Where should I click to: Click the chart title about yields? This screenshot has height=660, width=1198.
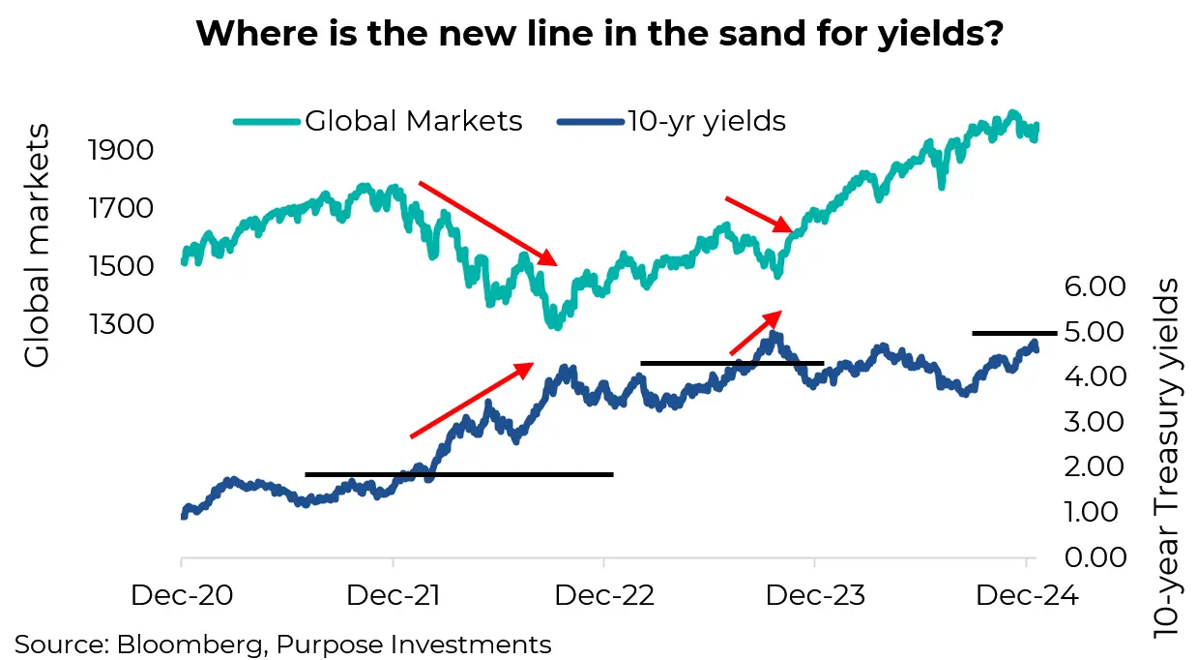point(599,36)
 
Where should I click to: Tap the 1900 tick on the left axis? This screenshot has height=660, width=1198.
point(121,151)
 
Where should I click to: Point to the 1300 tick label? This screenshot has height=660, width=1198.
point(121,323)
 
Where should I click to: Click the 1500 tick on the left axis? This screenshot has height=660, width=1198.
point(121,266)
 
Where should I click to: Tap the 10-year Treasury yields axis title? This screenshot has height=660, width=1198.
point(1168,457)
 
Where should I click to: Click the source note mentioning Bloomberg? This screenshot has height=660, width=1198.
point(283,644)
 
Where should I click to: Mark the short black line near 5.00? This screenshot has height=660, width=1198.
point(1014,333)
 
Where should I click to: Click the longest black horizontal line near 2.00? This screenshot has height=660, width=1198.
point(459,474)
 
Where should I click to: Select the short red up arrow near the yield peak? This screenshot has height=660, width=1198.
point(754,333)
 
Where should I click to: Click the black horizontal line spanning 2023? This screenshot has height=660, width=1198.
point(732,363)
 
